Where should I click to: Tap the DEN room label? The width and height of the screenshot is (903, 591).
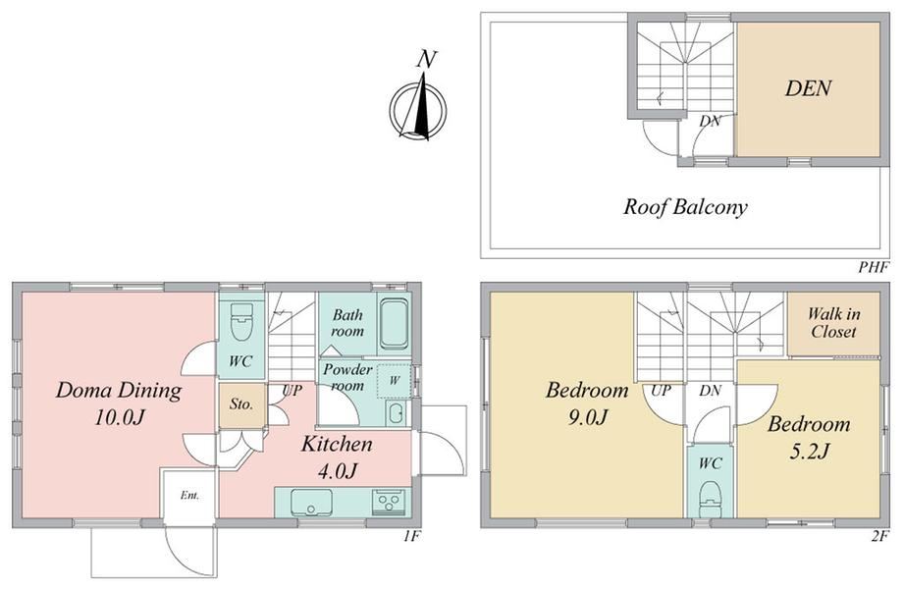pos(808,88)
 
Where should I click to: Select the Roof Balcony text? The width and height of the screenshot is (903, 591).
pos(685,207)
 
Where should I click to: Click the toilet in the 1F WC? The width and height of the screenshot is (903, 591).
pos(240,322)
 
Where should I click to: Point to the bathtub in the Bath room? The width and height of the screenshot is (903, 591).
pos(394,324)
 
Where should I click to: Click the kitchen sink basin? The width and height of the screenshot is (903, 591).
pos(311,503)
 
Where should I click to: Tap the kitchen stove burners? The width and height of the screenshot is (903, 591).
pos(390,503)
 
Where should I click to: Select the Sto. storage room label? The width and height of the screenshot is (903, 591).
pos(241,404)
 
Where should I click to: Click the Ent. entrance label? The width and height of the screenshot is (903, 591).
pos(190,496)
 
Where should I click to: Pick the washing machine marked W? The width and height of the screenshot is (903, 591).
pos(395,380)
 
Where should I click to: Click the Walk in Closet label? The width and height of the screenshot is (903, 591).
pos(833,323)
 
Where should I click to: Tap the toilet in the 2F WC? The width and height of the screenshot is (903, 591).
pos(710,500)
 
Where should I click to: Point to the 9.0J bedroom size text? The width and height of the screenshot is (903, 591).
pos(587,417)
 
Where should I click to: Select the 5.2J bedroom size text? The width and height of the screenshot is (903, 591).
pos(809,452)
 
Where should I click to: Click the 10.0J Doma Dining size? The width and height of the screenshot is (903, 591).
pos(119,417)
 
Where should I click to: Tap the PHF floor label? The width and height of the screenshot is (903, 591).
pos(875,267)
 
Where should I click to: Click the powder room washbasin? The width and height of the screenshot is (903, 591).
pos(396,412)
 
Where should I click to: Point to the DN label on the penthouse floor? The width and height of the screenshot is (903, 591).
pos(710,122)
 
